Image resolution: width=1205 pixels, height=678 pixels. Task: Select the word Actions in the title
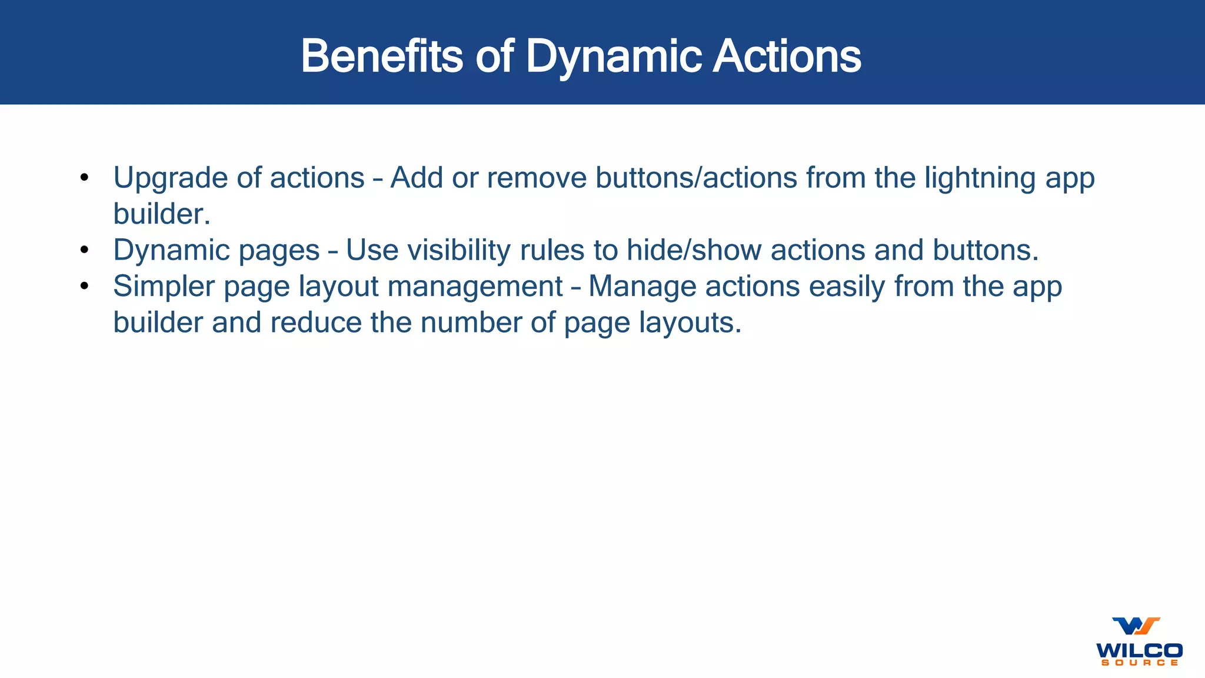[x=787, y=56]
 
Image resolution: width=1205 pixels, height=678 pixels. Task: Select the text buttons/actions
[x=696, y=178]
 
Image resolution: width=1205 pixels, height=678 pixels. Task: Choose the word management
[x=475, y=287]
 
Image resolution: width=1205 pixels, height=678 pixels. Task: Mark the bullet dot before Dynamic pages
[x=85, y=250]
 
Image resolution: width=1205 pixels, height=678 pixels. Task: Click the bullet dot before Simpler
[x=85, y=287]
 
